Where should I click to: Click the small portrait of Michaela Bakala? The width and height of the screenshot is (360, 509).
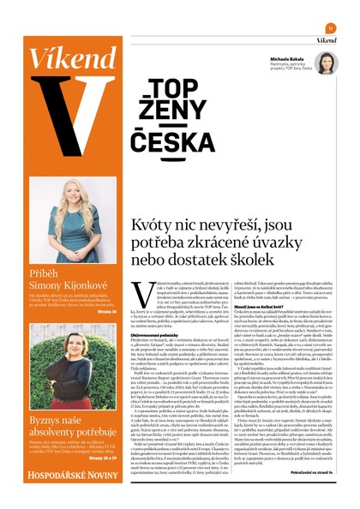point(325,63)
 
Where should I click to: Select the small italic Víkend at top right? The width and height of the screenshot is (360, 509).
point(326,40)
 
